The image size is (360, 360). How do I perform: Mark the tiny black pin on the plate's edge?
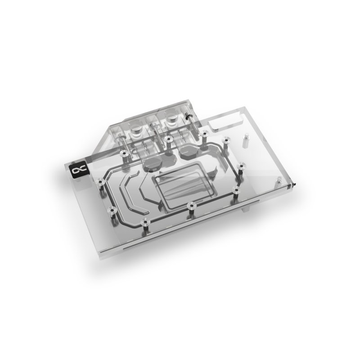coord(294,185)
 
